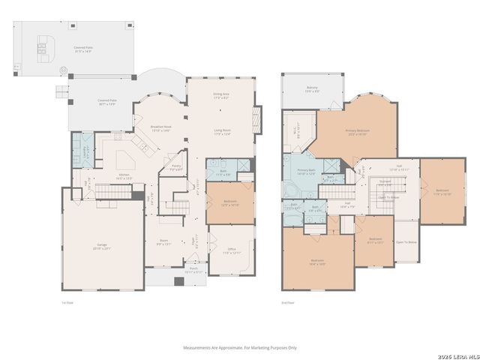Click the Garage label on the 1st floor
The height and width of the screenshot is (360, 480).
101,246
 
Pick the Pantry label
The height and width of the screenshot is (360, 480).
176,167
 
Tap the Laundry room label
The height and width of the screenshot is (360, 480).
88,148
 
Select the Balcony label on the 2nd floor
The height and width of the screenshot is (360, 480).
312,89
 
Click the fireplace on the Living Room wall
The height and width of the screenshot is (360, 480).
259,118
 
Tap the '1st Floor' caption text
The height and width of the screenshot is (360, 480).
67,303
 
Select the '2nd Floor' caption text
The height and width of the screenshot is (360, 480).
287,303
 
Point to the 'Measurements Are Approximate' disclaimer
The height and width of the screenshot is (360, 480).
240,347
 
